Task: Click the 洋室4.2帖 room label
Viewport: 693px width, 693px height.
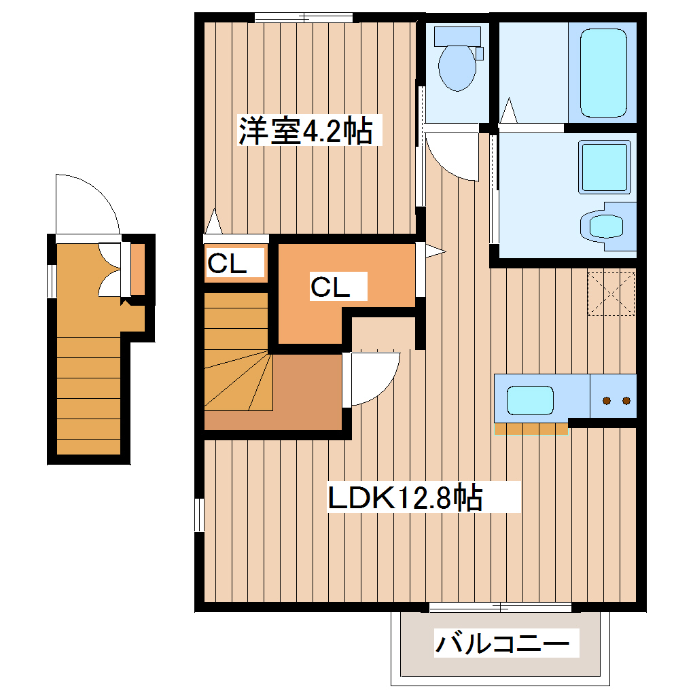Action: coord(305,130)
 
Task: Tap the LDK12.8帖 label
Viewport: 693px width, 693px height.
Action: coord(406,498)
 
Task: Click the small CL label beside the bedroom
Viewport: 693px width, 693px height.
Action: coord(227,264)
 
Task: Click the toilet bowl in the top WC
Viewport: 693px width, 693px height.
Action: coord(457,65)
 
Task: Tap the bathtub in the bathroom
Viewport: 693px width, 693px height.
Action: coord(603,73)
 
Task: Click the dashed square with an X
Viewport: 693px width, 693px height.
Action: coord(611,294)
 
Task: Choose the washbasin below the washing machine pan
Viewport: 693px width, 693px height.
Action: coord(604,224)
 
